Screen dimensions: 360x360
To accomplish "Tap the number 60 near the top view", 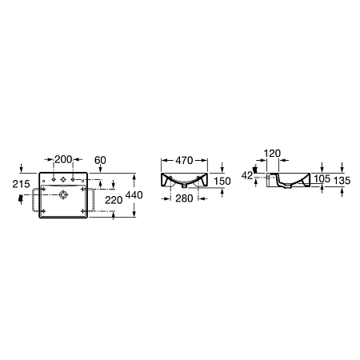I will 101,161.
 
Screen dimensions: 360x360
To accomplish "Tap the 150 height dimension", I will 222,182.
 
